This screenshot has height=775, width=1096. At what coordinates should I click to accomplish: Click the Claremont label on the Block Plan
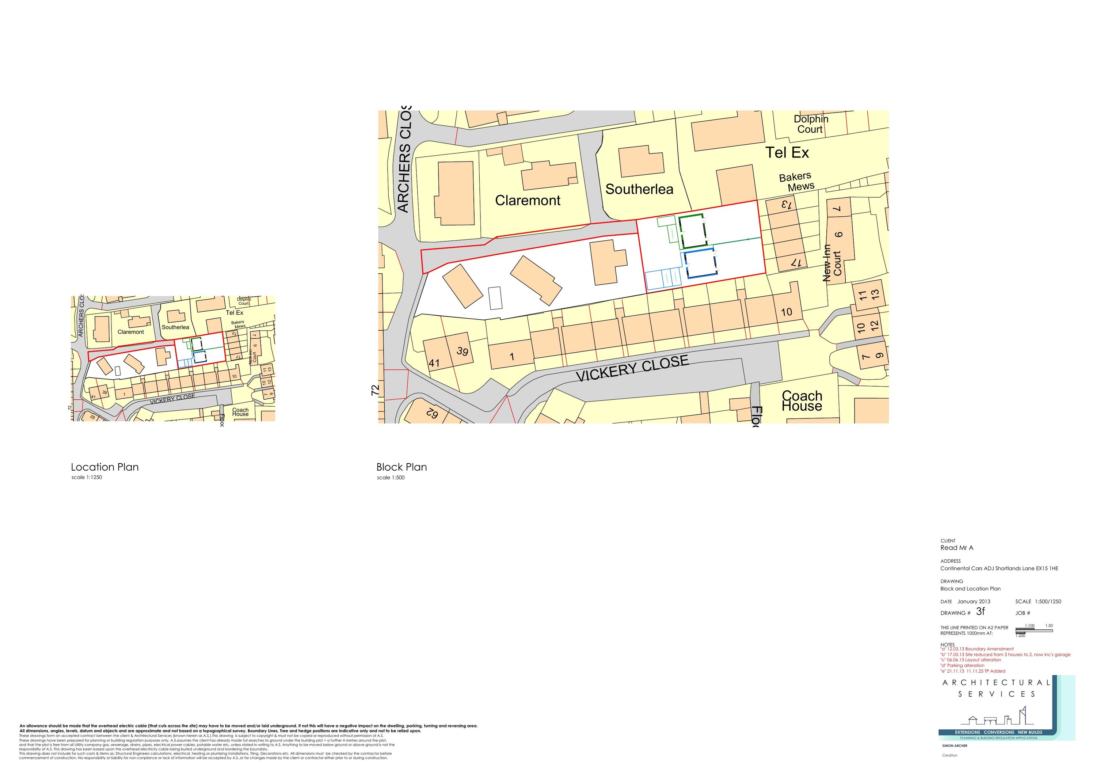528,201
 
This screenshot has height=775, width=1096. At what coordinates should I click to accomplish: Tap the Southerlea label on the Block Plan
639,190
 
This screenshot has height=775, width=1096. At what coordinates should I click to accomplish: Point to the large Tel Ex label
787,153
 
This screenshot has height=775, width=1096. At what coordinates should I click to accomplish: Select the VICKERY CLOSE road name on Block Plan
632,368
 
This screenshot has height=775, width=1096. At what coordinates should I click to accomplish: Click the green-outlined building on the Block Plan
691,232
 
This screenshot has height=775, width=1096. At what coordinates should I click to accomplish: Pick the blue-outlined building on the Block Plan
701,263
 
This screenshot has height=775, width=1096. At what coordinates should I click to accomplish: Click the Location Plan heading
105,467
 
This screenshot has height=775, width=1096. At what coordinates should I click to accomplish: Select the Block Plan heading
402,467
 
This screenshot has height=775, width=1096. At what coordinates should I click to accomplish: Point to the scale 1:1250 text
87,478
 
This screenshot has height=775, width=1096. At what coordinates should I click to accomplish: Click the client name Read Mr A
956,548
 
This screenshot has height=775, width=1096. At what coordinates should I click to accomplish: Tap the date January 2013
974,602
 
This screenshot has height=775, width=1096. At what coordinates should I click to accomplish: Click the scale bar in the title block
1034,631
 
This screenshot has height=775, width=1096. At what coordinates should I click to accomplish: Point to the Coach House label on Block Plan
802,401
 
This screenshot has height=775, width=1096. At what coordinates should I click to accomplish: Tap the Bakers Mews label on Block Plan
796,182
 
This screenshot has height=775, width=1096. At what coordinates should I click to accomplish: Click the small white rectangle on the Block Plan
495,298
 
